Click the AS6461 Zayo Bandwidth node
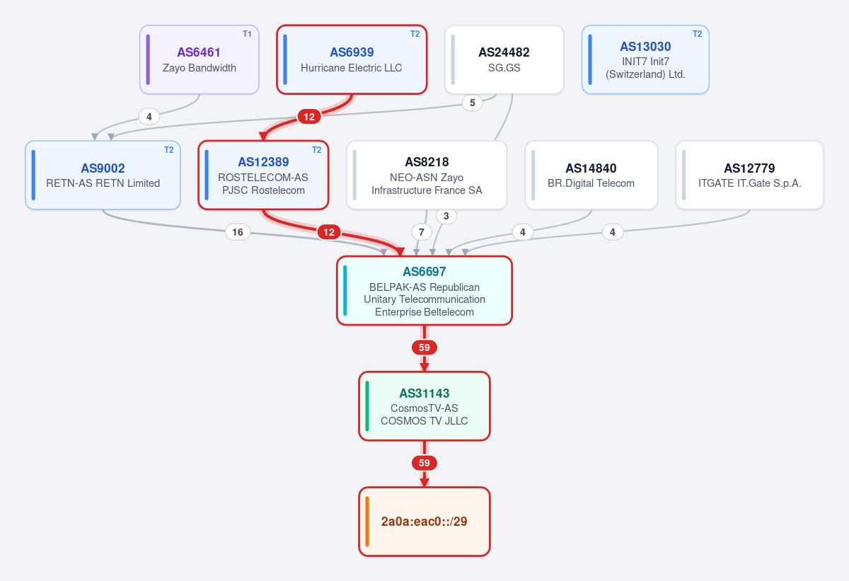(x=200, y=59)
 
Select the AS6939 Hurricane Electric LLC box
(x=352, y=59)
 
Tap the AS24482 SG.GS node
(x=504, y=59)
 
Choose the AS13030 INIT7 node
(x=645, y=59)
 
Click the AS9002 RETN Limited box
(x=103, y=175)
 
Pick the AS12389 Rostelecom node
(x=263, y=175)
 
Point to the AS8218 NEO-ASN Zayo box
(x=427, y=175)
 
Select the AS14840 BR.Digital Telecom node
(x=591, y=175)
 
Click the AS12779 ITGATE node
(x=750, y=175)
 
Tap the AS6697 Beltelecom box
(x=424, y=291)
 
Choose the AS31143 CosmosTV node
(x=424, y=406)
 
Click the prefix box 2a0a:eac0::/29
(x=424, y=522)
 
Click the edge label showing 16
(x=238, y=232)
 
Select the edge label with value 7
(x=421, y=232)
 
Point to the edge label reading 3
(x=446, y=216)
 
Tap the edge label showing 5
(x=473, y=103)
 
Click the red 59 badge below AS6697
(x=424, y=347)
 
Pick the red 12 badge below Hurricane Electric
(x=309, y=117)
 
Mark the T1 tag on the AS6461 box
(x=247, y=34)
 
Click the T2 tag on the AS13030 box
(x=697, y=34)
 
